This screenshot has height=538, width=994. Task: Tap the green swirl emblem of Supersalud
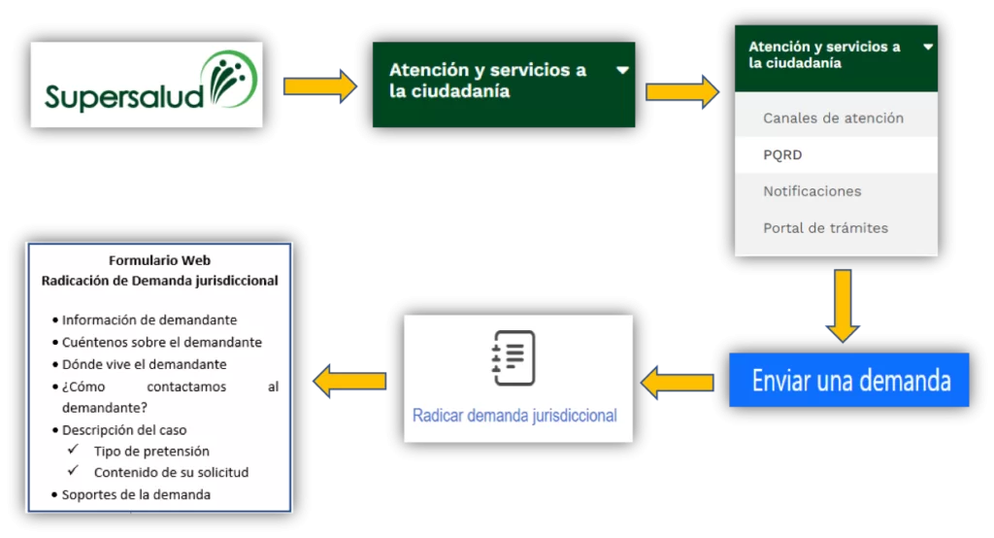tap(229, 81)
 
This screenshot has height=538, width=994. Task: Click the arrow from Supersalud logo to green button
tap(319, 85)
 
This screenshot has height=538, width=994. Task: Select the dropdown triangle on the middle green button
tap(622, 70)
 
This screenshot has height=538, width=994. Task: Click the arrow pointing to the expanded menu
tap(681, 91)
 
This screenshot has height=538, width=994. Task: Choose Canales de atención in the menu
tap(833, 118)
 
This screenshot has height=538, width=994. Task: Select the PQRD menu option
tap(782, 154)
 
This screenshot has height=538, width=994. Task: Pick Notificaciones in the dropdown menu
tap(812, 191)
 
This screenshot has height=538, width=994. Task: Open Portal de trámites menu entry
tap(825, 228)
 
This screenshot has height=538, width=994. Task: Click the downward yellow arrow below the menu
tap(842, 305)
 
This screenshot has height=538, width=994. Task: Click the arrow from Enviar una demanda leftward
tap(678, 382)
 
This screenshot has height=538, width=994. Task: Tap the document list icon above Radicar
tap(514, 357)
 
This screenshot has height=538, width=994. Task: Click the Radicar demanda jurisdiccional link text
tap(514, 416)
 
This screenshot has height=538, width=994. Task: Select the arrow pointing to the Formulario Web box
tap(349, 381)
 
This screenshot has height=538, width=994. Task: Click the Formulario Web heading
tap(160, 260)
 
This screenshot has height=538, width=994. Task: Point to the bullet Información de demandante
tap(149, 319)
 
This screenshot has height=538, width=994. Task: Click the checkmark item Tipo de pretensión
tap(151, 451)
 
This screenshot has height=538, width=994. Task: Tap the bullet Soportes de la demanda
tap(136, 494)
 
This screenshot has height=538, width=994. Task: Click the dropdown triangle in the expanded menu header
tap(928, 47)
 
